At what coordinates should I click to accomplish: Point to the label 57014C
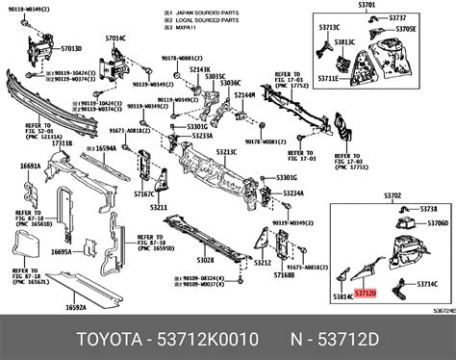click(x=115, y=38)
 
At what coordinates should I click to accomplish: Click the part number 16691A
click(x=29, y=167)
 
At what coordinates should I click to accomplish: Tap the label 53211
click(x=158, y=208)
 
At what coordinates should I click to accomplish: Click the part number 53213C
click(x=227, y=152)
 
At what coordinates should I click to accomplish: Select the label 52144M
click(x=245, y=95)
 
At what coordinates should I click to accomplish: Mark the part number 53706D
click(x=434, y=223)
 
